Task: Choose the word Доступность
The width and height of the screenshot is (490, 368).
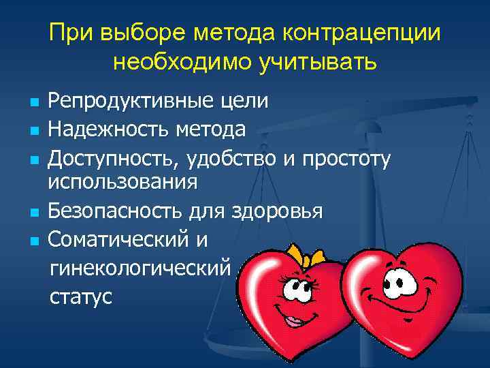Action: [x=114, y=158]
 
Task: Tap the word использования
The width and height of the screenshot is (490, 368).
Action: [x=122, y=182]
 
